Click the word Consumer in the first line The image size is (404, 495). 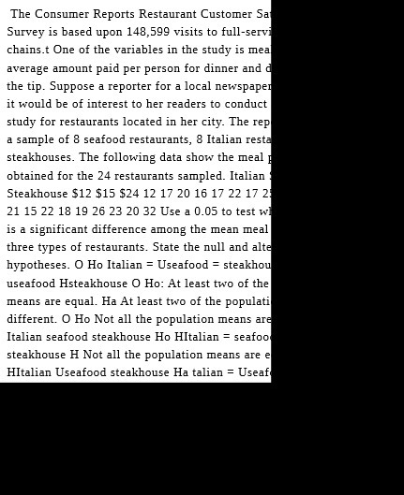click(x=62, y=14)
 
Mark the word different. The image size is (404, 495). click(x=31, y=319)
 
